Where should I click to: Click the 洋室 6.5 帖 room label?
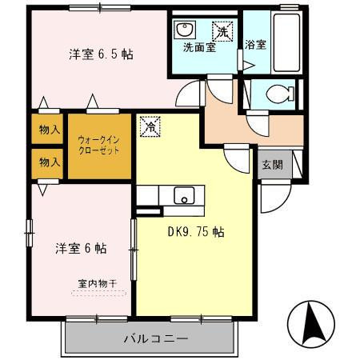click(100, 54)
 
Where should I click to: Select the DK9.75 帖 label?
click(195, 232)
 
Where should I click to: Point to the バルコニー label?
click(155, 337)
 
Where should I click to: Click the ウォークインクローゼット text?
click(99, 143)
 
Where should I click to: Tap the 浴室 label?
click(256, 46)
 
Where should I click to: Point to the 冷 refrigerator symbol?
click(149, 126)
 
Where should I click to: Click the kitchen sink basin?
click(184, 196)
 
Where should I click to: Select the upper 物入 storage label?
click(50, 128)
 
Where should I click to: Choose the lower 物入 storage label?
click(50, 162)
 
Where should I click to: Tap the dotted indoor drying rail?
click(98, 293)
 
